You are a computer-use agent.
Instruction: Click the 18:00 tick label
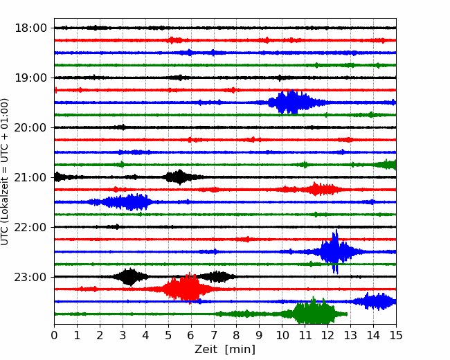point(30,28)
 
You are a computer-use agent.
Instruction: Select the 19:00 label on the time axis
point(30,78)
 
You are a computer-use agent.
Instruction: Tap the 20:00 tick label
point(30,127)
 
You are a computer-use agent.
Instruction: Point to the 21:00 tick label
point(30,177)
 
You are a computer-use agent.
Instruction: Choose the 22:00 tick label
point(30,227)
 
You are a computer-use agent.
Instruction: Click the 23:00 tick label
point(30,277)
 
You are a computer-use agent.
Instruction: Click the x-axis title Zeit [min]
point(225,350)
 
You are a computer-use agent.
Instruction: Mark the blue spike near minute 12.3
point(335,251)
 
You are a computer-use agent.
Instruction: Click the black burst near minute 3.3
point(129,277)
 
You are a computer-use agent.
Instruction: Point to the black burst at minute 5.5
point(179,177)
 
